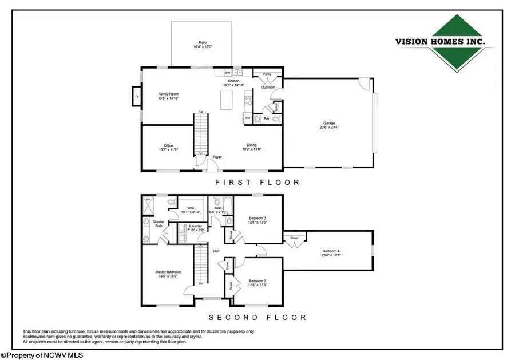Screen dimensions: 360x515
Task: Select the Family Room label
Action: click(x=169, y=96)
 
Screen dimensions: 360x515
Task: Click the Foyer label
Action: click(x=217, y=156)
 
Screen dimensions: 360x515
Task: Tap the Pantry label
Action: click(x=267, y=74)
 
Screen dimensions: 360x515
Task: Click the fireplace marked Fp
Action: click(x=137, y=96)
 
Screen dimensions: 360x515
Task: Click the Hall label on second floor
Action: click(x=216, y=251)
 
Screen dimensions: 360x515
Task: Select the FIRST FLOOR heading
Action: click(x=257, y=183)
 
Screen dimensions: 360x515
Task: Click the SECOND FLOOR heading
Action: click(x=257, y=317)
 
